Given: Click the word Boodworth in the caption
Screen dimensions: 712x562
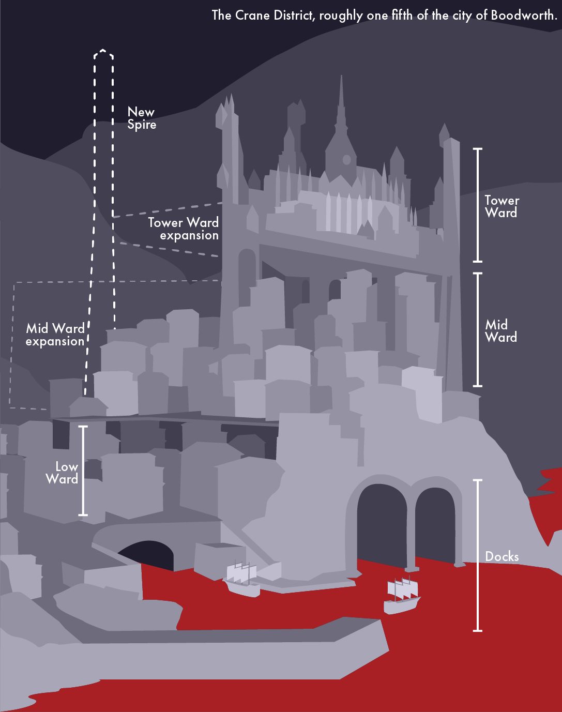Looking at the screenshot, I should pos(523,16).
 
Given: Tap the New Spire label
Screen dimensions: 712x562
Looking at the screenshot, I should pos(142,118).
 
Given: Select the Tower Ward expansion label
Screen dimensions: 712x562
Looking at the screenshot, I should pos(184,229).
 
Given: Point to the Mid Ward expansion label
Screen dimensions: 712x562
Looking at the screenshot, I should pos(55,335).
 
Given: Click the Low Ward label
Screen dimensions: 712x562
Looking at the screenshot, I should pos(63,473).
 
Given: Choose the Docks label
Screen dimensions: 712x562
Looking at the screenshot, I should pos(502,556).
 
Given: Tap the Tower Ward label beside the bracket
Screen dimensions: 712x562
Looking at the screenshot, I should pos(502,206).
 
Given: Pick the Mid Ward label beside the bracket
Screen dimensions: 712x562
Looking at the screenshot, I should pos(500,331).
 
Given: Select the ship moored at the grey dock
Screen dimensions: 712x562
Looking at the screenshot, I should pos(242,579).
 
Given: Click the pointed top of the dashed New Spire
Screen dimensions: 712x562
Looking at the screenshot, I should pos(103,51).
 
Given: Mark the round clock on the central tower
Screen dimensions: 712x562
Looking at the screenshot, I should pos(347,160).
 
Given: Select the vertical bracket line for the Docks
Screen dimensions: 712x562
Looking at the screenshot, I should pos(478,556).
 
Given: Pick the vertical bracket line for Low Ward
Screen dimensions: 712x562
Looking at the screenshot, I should pos(83,471).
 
